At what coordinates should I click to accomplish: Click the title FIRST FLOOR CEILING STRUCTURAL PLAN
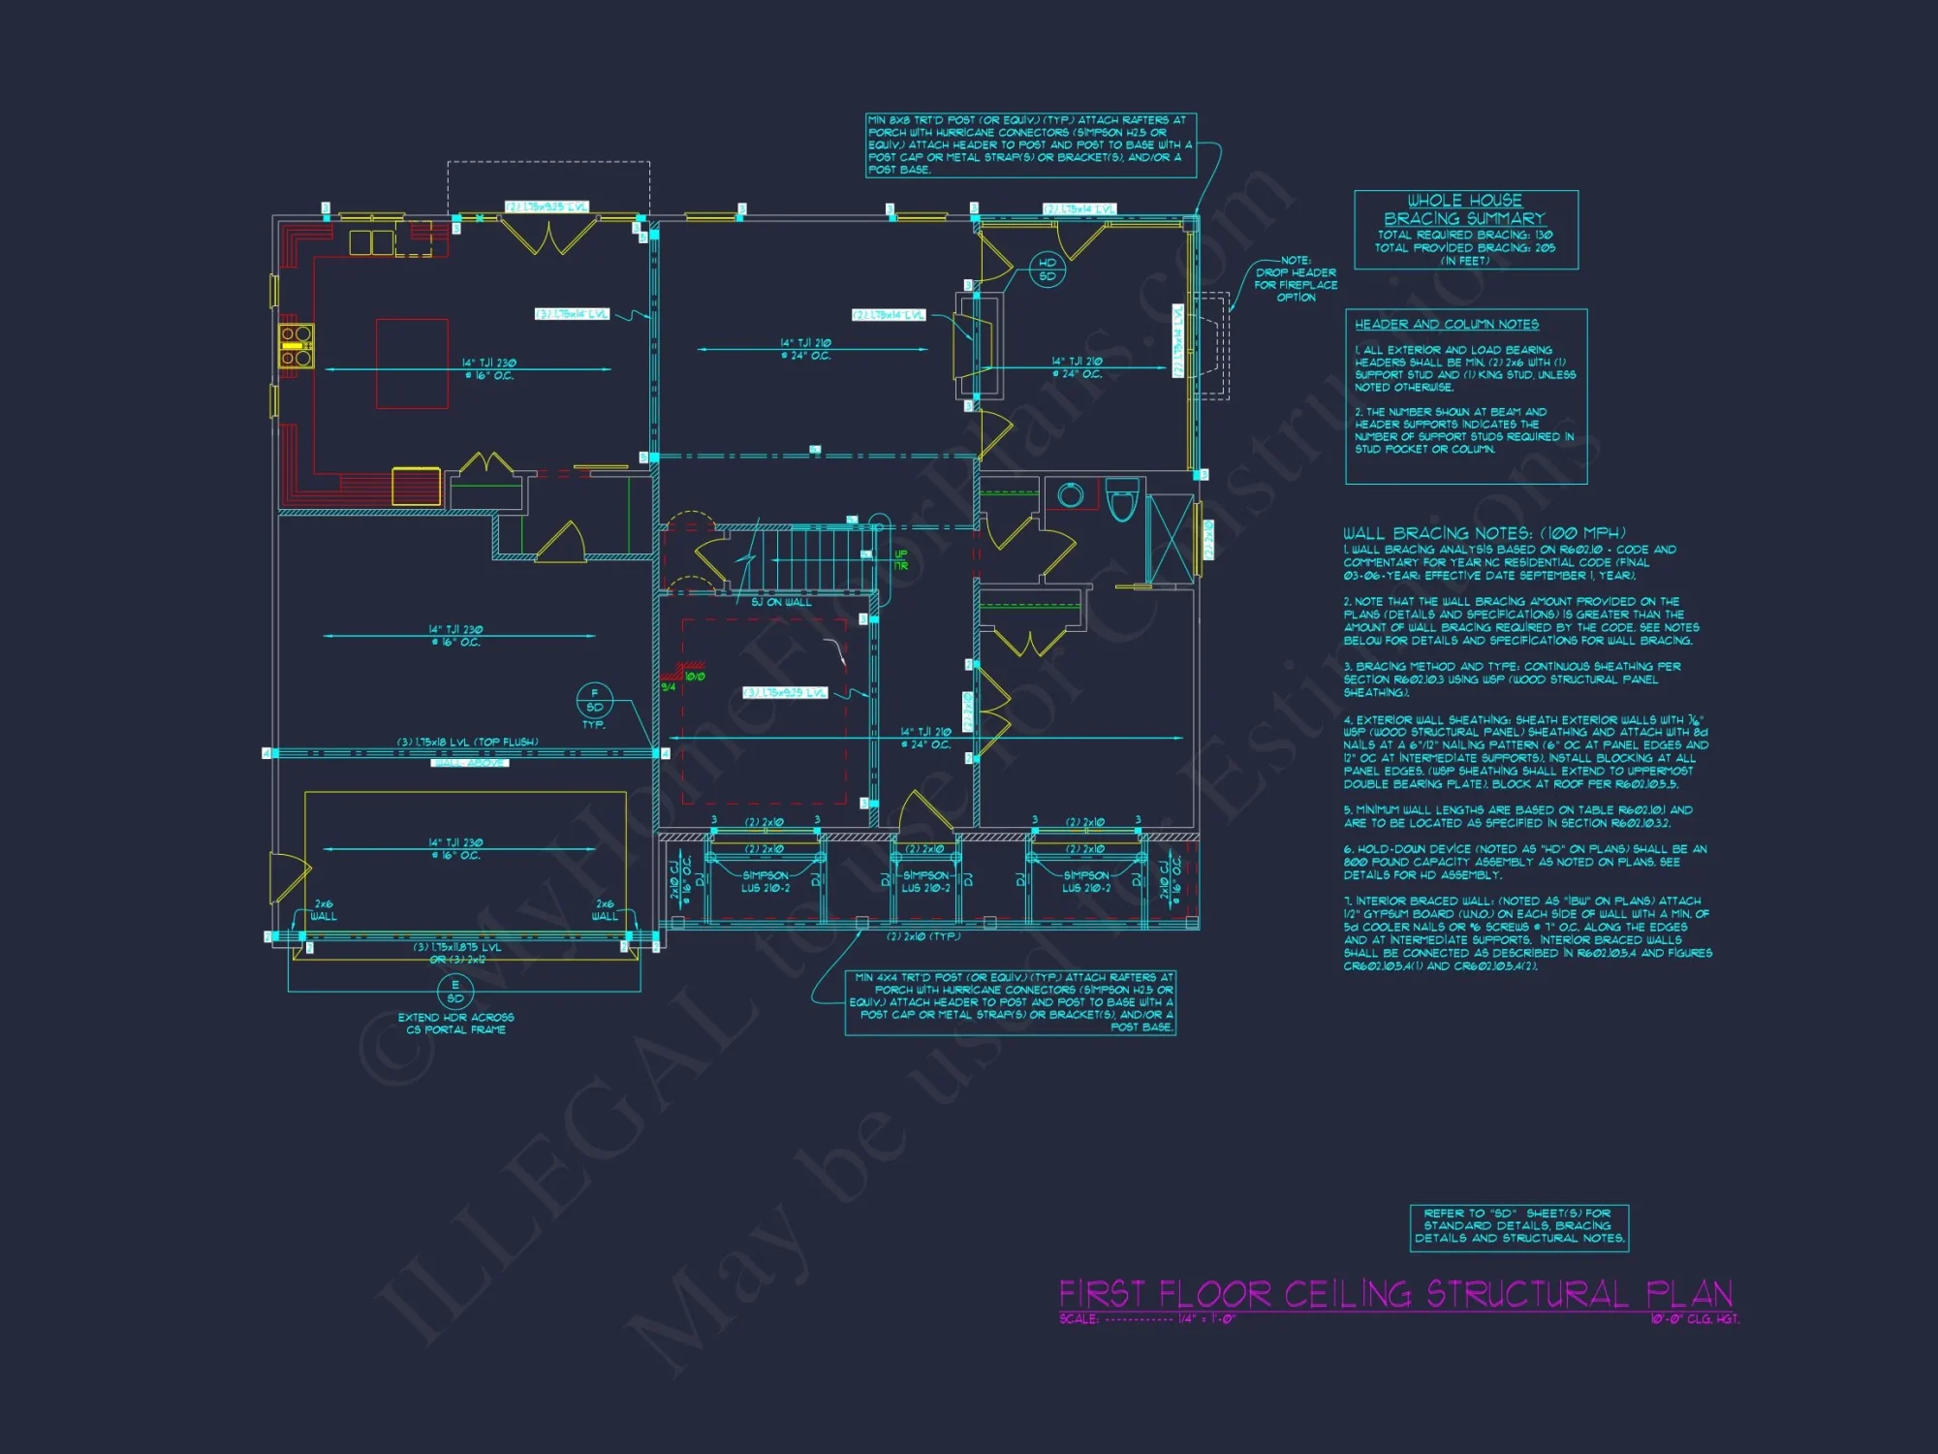coord(1395,1294)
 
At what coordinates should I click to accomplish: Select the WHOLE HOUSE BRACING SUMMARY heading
coord(1464,209)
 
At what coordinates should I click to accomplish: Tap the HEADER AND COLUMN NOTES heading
coord(1446,325)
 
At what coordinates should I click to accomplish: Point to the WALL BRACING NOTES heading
coord(1484,533)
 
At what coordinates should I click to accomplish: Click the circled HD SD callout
coord(1047,269)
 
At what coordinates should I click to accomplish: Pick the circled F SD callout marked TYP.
coord(594,700)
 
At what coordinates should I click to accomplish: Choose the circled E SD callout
coord(455,992)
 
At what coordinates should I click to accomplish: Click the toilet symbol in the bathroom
coord(1122,500)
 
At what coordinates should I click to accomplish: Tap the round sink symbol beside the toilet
coord(1071,495)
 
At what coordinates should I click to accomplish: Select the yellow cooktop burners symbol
coord(297,346)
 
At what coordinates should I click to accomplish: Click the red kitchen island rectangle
coord(412,363)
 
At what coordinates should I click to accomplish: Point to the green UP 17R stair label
coord(901,560)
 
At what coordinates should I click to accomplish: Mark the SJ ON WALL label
coord(781,602)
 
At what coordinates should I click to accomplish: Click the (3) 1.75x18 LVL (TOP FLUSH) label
coord(467,743)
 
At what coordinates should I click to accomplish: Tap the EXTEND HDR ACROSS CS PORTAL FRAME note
coord(455,1024)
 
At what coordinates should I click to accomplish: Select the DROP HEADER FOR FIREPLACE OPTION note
coord(1296,279)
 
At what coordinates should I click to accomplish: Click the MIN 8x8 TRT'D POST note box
coord(1030,145)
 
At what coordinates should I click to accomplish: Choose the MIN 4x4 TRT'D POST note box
coord(1011,1002)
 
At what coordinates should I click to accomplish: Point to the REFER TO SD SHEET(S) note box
coord(1518,1226)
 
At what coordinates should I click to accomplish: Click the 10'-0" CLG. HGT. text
coord(1695,1319)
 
